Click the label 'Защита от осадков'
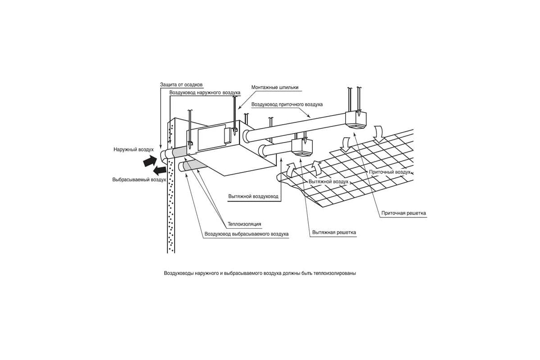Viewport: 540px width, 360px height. point(181,85)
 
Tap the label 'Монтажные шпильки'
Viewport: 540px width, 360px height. point(274,87)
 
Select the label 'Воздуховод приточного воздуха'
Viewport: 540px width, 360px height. point(287,104)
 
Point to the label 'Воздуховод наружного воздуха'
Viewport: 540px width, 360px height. point(205,93)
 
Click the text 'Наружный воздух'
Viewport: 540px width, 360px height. point(134,148)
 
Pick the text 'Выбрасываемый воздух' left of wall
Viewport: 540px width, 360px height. point(139,180)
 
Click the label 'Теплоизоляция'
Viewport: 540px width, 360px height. point(244,224)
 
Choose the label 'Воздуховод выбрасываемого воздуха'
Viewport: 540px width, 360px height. point(246,234)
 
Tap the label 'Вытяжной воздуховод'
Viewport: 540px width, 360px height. point(253,197)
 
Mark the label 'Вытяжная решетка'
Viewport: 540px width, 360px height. point(334,233)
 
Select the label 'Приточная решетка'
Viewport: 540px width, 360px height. point(403,213)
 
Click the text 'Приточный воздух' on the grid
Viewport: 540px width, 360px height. point(390,172)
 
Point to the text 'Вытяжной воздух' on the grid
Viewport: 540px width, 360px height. point(328,181)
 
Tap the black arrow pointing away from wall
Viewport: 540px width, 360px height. point(158,171)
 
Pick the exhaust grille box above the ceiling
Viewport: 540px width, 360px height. point(301,147)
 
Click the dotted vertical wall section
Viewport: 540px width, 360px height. point(171,207)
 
